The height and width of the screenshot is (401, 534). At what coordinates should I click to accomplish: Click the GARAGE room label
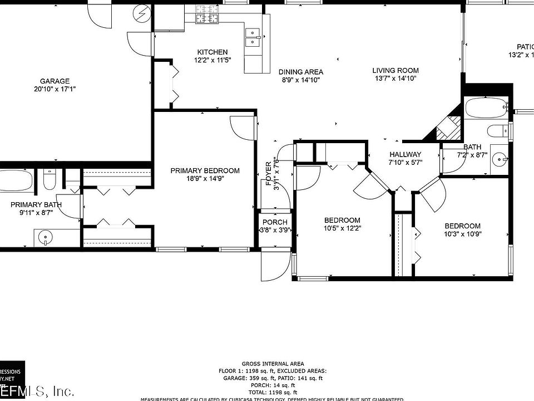55,81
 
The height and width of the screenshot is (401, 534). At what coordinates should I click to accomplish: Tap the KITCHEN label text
211,52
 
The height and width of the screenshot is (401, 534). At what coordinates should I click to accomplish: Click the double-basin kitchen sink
253,37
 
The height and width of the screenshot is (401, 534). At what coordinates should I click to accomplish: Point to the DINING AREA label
301,72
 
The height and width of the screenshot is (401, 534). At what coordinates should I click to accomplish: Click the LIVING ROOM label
395,70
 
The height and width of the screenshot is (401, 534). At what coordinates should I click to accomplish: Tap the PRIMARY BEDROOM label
205,170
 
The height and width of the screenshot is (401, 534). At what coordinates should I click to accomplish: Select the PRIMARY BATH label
36,204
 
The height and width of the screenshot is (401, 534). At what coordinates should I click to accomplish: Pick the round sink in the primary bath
44,239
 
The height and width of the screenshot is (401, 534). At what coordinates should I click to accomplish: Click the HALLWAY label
405,154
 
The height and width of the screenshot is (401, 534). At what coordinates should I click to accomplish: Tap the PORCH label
275,222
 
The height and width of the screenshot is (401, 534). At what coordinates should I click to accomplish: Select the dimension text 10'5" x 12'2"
342,228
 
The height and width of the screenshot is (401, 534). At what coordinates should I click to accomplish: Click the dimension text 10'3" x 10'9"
462,234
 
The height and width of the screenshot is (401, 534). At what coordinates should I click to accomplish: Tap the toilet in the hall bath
497,131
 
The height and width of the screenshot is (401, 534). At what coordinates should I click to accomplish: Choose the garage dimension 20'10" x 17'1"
54,89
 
